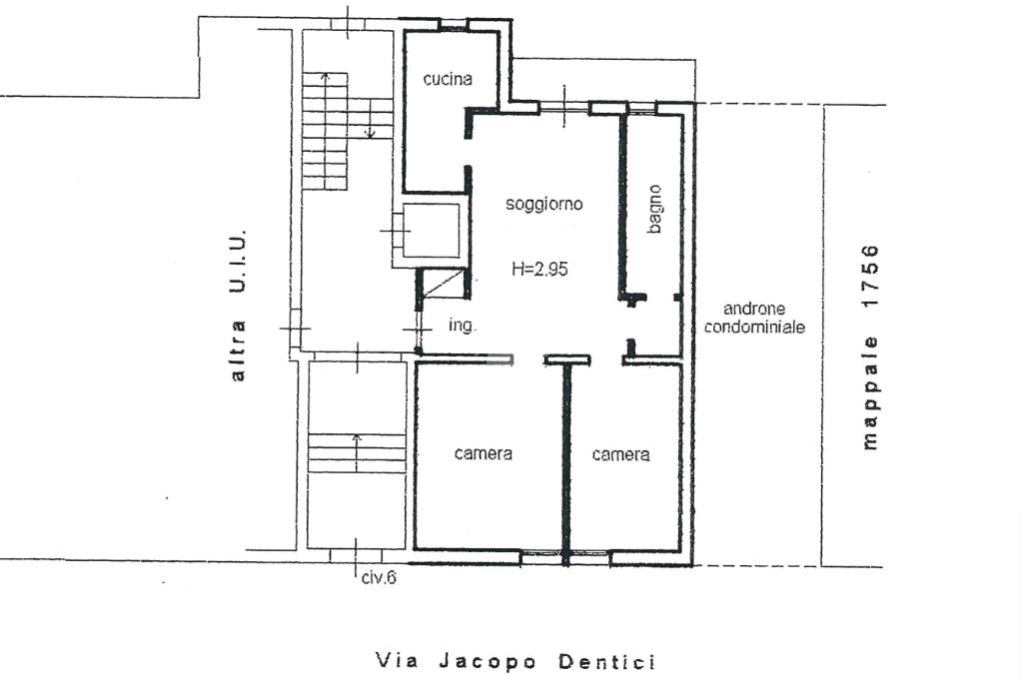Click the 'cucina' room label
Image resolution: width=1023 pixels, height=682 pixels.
448,79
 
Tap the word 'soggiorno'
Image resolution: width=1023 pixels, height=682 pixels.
544,205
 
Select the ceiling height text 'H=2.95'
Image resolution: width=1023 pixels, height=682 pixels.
540,269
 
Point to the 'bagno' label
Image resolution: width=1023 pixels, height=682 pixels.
655,209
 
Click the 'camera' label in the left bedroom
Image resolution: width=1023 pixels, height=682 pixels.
484,453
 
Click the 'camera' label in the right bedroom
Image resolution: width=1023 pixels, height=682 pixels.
621,453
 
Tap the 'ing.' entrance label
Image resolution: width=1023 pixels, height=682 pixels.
463,326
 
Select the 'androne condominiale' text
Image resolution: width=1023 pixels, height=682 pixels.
754,318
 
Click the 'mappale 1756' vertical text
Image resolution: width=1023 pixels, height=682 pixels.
870,347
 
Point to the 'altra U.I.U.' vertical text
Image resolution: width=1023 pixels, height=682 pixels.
238,306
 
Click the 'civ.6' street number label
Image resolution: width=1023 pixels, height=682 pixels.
379,577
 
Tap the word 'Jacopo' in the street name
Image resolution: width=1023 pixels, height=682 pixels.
488,662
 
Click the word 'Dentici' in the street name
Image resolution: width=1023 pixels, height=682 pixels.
606,662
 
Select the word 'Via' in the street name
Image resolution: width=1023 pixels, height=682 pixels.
397,661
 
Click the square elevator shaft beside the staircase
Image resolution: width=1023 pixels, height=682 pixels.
432,231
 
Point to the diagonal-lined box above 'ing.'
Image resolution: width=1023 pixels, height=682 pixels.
443,284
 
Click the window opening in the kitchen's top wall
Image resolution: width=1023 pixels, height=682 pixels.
453,25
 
